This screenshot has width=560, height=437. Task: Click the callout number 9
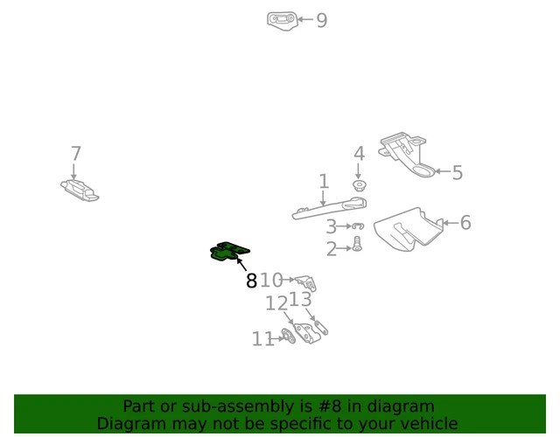tap(322, 20)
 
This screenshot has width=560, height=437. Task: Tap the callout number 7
tap(75, 154)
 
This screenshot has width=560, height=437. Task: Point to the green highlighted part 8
tap(229, 253)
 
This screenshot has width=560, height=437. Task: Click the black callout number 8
tap(251, 281)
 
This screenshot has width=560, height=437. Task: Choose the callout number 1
tap(324, 182)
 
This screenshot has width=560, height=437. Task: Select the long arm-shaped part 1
tap(328, 209)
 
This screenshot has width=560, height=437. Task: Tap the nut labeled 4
tap(359, 186)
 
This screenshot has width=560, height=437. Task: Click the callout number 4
tap(359, 154)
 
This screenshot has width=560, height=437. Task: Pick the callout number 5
tap(457, 172)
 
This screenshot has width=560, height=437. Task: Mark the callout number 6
tap(465, 223)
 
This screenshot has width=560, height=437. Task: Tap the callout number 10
tap(271, 281)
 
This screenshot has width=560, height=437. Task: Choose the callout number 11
tap(262, 339)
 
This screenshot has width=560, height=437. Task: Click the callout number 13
tap(301, 300)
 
